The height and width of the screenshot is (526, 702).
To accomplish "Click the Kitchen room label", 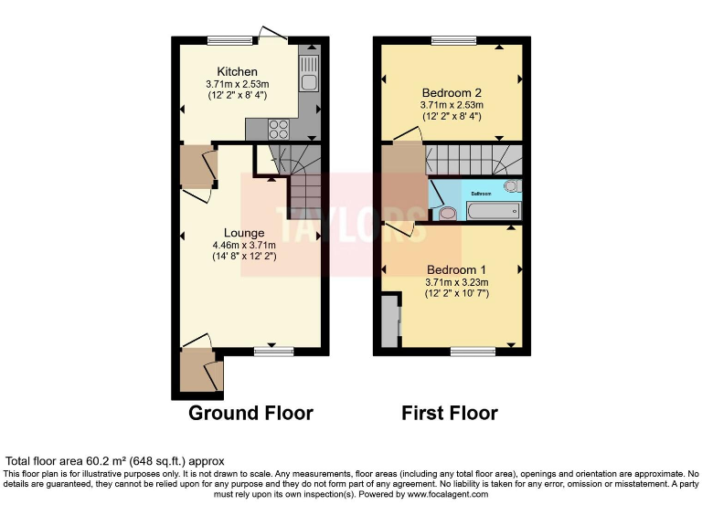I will click(237, 71).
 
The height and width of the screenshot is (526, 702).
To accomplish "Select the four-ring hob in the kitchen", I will click(279, 129).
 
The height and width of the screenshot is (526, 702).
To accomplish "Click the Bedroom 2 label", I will click(452, 92).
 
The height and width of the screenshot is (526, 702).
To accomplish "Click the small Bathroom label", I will click(482, 195).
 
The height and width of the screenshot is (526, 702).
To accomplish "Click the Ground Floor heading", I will click(250, 413).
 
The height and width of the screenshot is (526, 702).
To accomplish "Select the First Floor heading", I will click(450, 413).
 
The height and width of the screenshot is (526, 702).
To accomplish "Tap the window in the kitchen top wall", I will click(229, 40).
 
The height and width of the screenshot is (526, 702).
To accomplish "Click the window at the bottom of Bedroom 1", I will click(473, 351).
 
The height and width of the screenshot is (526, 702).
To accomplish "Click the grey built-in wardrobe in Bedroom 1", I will click(390, 320).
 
